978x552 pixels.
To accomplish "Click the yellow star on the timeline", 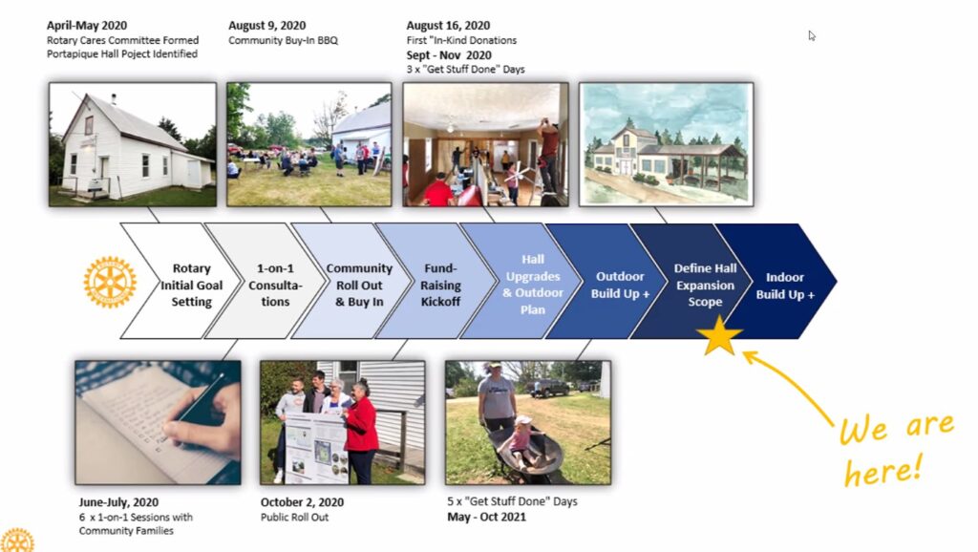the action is click(x=719, y=337).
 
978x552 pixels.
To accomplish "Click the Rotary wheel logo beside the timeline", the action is click(x=110, y=282).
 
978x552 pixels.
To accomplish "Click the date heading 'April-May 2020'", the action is click(x=87, y=26).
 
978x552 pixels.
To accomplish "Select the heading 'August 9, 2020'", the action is click(x=267, y=26).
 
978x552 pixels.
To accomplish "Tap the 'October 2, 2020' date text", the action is click(x=302, y=502).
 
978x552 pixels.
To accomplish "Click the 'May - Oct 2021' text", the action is click(x=486, y=517).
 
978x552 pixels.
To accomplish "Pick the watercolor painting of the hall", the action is click(x=666, y=144).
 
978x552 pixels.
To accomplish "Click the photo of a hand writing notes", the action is click(x=158, y=422).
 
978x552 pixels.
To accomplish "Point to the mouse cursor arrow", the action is click(x=812, y=35).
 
